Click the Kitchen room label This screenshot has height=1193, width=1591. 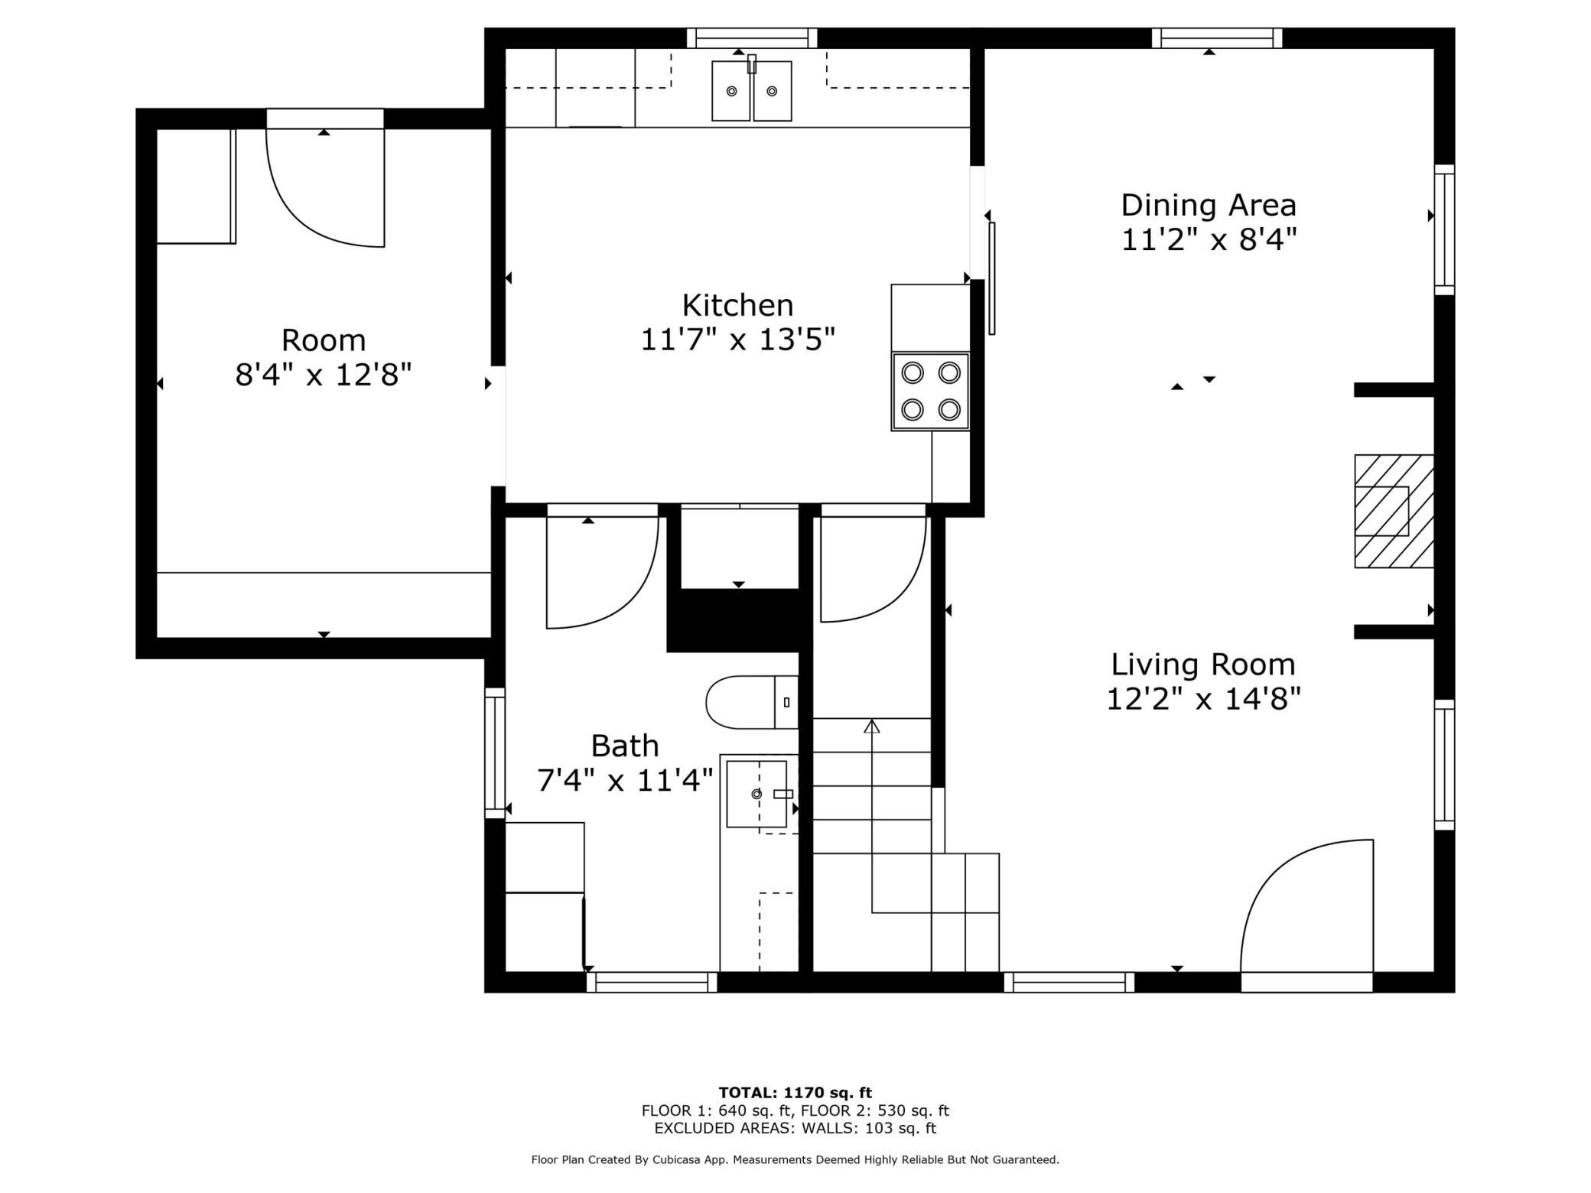(x=737, y=305)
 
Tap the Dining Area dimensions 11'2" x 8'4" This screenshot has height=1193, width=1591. (x=1209, y=240)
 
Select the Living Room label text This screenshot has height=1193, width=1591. (x=1203, y=664)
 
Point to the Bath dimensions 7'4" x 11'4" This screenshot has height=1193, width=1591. (x=625, y=781)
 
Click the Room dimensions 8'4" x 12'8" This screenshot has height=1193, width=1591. (x=324, y=375)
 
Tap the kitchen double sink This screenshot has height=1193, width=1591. (x=751, y=90)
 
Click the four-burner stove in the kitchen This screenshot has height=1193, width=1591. (x=930, y=391)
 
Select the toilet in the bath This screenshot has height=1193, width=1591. (x=752, y=702)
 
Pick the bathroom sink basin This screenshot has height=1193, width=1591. (x=756, y=794)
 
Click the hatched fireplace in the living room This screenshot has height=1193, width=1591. (x=1394, y=511)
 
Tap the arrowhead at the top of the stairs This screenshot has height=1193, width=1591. (x=872, y=726)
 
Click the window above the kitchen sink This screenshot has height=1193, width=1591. (x=752, y=38)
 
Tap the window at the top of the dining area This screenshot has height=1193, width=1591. (x=1217, y=38)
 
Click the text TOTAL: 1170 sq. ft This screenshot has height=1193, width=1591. (x=795, y=1093)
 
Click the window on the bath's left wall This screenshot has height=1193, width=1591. (x=495, y=753)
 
